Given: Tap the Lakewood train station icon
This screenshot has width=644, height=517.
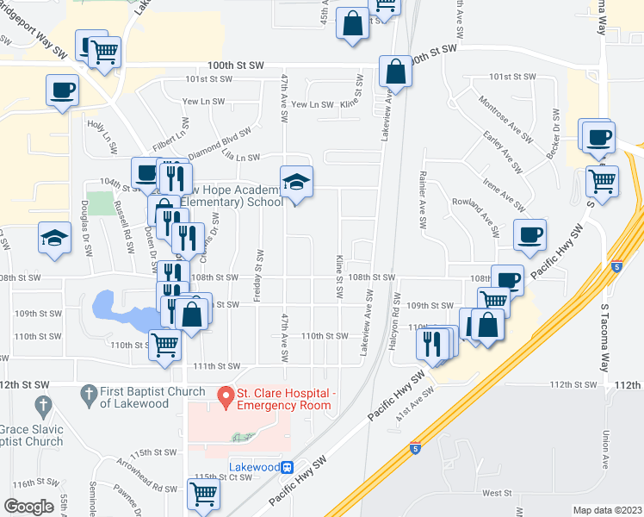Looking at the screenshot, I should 289,467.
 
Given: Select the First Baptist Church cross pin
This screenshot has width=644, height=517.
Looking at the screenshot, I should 89,396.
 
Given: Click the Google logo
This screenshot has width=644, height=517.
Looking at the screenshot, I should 28,507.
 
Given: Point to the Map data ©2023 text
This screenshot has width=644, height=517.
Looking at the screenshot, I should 607,510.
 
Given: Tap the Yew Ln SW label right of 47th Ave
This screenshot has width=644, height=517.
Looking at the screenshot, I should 312,104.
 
